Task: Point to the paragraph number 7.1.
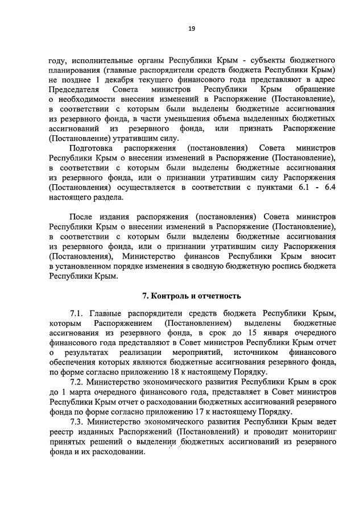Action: [77, 313]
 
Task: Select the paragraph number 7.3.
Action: [77, 422]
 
